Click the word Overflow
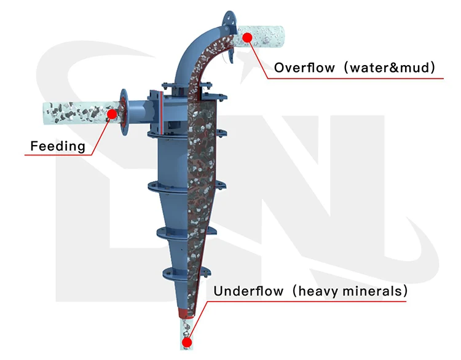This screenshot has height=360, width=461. click(x=299, y=68)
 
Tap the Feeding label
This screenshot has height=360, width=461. click(x=58, y=146)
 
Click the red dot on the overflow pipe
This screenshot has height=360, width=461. click(x=248, y=37)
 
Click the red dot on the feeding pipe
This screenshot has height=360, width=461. click(x=112, y=114)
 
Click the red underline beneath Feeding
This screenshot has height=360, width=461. click(x=55, y=155)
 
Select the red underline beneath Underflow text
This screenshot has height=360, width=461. click(x=307, y=300)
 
